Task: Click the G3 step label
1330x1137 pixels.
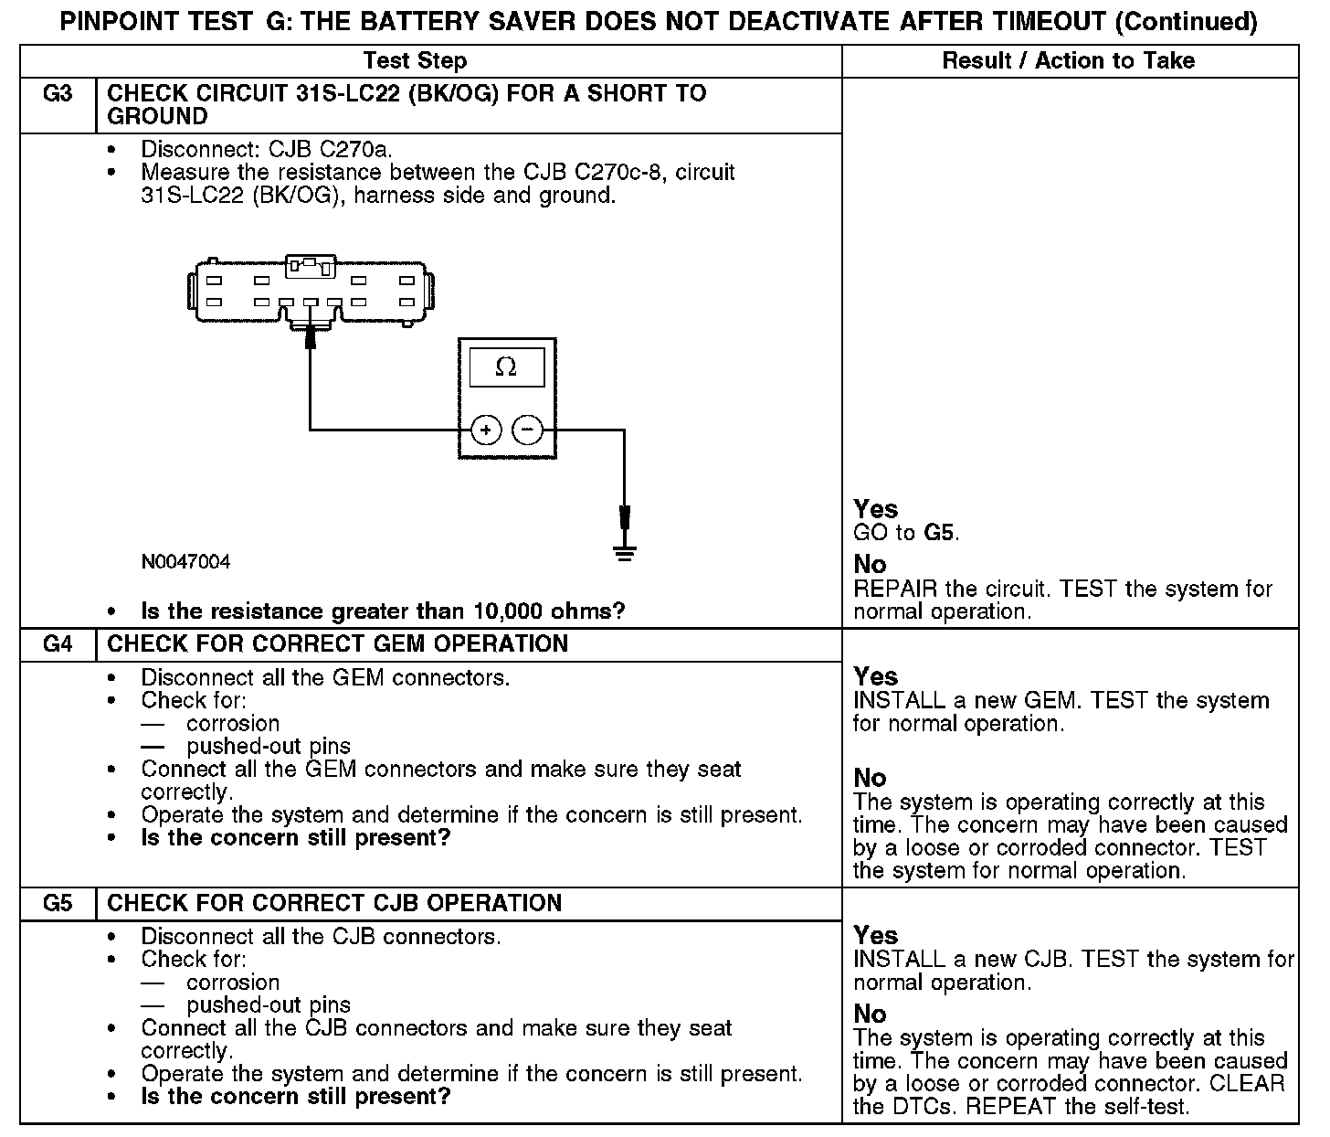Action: tap(58, 94)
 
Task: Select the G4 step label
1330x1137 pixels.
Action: tap(58, 644)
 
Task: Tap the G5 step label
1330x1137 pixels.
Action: tap(58, 904)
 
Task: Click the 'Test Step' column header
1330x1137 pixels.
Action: tap(415, 61)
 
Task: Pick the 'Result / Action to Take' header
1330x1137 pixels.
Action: tap(1068, 61)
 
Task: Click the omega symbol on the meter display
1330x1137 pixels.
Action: tap(505, 367)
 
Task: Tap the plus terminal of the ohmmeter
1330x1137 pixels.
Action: tap(486, 429)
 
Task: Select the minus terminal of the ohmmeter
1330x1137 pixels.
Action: tap(527, 429)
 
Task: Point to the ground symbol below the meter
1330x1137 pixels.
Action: tap(625, 551)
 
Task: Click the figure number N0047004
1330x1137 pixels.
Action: tap(185, 562)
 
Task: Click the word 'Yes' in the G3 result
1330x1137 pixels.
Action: tap(875, 509)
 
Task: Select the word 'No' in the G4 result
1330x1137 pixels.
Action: tap(870, 778)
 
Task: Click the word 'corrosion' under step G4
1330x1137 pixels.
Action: tap(233, 724)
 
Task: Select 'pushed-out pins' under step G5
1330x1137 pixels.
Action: tap(269, 1005)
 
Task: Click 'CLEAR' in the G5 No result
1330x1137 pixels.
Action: tap(1243, 1084)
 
